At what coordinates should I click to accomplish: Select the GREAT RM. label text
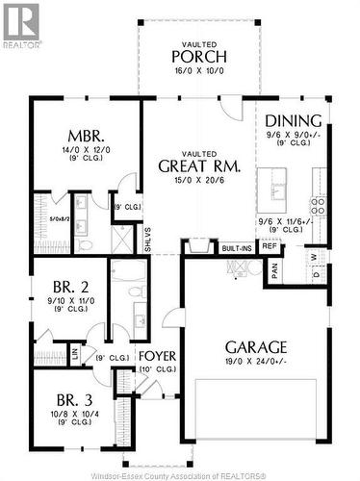[x=199, y=165]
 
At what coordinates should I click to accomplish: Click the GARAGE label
[x=255, y=346]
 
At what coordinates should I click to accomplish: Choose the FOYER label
[x=157, y=354]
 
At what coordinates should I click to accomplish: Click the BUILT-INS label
[x=236, y=248]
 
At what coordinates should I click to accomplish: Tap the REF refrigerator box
[x=270, y=246]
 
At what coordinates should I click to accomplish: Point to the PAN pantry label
[x=274, y=270]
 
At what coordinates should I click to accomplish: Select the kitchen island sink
[x=280, y=188]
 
